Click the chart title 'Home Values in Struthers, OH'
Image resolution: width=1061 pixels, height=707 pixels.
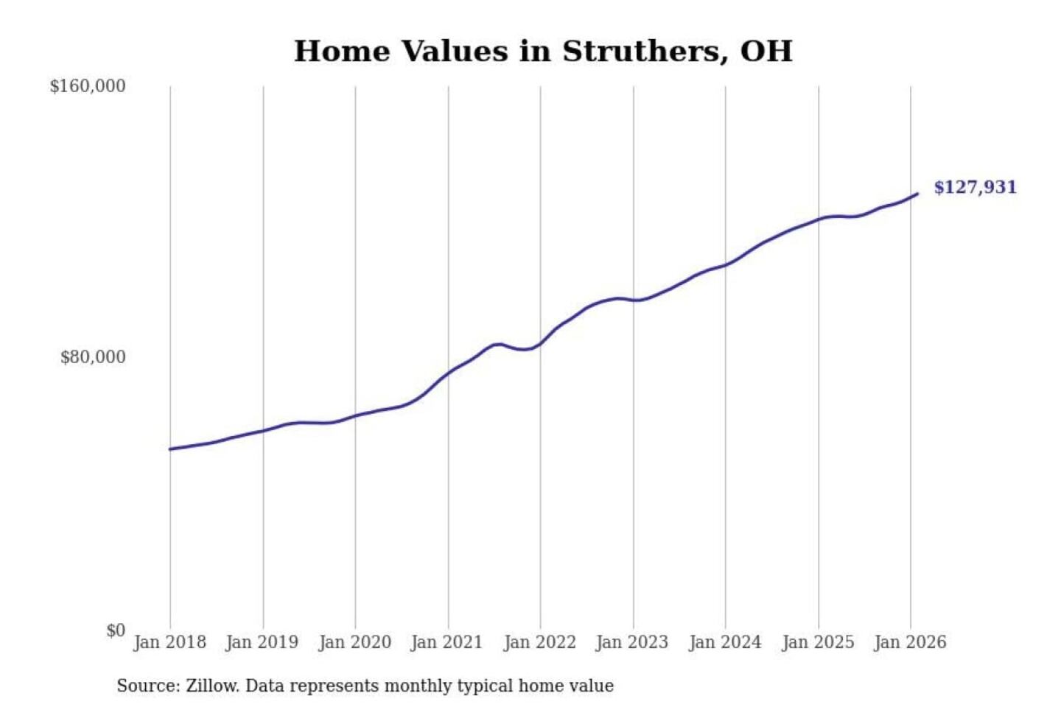(543, 52)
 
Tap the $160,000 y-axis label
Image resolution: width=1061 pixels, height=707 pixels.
(88, 86)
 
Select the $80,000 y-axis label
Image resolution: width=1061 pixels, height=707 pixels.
(93, 357)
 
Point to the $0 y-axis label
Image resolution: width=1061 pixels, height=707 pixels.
(116, 630)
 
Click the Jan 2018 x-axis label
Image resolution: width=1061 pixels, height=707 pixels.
(169, 642)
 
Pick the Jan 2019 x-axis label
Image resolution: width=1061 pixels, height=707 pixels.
(262, 642)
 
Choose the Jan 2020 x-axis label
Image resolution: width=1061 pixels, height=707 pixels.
(354, 642)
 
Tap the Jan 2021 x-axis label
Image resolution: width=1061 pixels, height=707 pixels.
(447, 642)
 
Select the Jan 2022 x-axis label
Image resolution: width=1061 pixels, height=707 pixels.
(539, 642)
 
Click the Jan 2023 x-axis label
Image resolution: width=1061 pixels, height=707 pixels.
(631, 642)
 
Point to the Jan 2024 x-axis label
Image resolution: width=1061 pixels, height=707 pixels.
(724, 642)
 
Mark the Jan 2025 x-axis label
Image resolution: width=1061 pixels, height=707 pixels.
(817, 642)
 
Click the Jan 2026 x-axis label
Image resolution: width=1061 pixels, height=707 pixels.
(909, 642)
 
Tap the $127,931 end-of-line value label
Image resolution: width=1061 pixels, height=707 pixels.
(975, 187)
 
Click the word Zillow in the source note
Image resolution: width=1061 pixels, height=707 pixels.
(212, 686)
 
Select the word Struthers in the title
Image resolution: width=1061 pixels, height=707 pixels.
(640, 52)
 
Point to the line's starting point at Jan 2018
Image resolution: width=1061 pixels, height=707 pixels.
(170, 449)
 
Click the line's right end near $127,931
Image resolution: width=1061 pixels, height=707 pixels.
(917, 194)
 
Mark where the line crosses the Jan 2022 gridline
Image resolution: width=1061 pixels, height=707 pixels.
(540, 344)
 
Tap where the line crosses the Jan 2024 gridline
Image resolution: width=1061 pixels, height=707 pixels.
(725, 265)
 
